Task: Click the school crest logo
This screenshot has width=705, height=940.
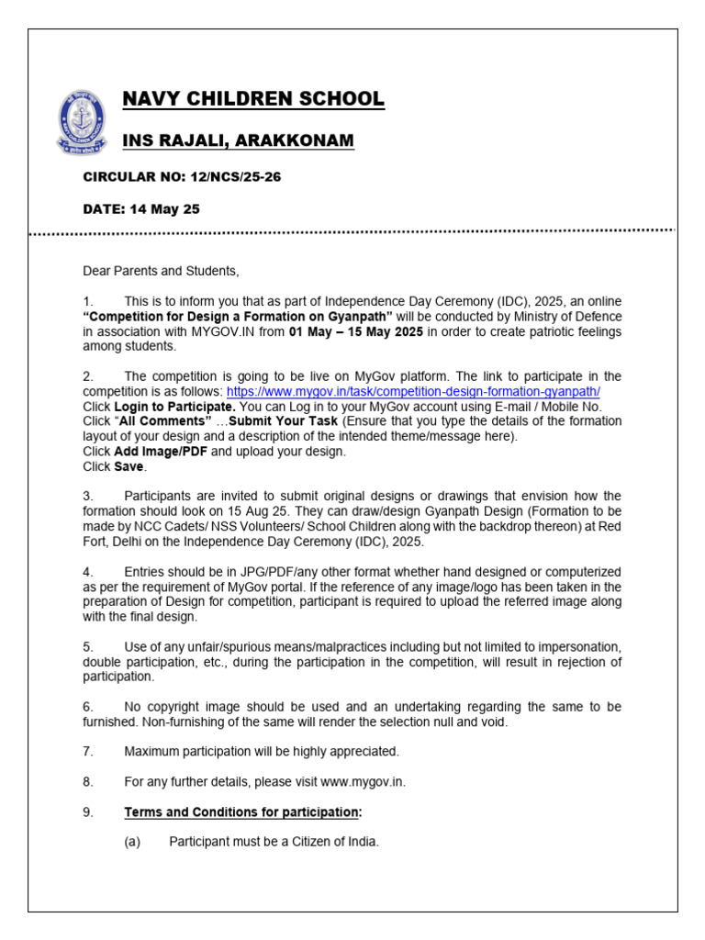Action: (x=82, y=120)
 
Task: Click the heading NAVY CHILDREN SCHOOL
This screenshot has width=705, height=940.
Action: (x=254, y=99)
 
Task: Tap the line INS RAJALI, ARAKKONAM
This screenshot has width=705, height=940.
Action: (x=239, y=140)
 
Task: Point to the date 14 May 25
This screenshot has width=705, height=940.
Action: (x=164, y=209)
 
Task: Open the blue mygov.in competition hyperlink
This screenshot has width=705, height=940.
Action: (x=417, y=391)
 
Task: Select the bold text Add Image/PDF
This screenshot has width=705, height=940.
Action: (x=160, y=452)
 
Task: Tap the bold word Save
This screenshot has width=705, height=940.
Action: (x=129, y=466)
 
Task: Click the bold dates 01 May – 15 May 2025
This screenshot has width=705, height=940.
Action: (x=356, y=331)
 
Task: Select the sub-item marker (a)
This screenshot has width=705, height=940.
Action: (x=132, y=841)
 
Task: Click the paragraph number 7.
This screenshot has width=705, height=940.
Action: (x=87, y=751)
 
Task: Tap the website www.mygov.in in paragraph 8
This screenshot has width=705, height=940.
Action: (x=363, y=781)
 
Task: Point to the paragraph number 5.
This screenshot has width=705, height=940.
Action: (x=87, y=646)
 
